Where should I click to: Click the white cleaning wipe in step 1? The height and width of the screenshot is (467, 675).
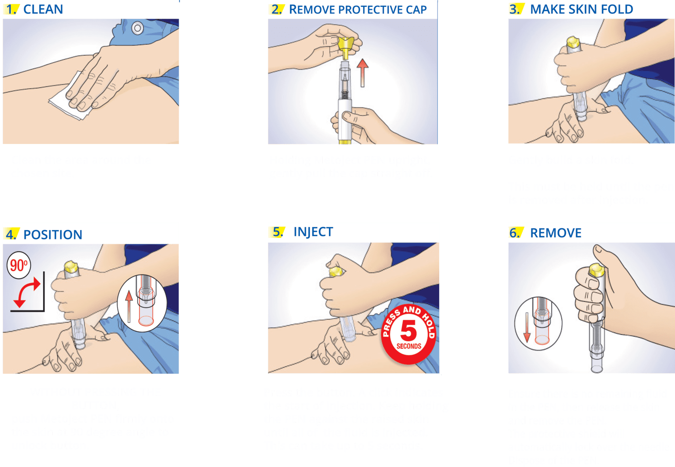click(x=65, y=102)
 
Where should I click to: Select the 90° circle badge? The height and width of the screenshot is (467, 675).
click(x=19, y=265)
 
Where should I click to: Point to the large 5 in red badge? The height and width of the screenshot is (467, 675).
click(x=408, y=331)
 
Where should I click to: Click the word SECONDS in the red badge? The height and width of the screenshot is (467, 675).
click(x=409, y=346)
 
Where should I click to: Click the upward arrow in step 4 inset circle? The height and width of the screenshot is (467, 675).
click(x=128, y=307)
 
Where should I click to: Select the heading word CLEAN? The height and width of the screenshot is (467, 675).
click(x=43, y=10)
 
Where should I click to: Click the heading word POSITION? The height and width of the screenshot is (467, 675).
click(x=53, y=235)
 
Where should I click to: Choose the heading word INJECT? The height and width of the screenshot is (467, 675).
click(x=313, y=232)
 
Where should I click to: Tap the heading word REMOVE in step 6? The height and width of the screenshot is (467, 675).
click(x=556, y=233)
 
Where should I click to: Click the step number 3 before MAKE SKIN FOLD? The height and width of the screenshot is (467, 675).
click(x=514, y=9)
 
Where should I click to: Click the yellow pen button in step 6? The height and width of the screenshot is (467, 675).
click(x=595, y=270)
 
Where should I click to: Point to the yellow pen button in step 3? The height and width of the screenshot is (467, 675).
click(x=573, y=42)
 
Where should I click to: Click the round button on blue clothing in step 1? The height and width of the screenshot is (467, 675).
click(x=137, y=29)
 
